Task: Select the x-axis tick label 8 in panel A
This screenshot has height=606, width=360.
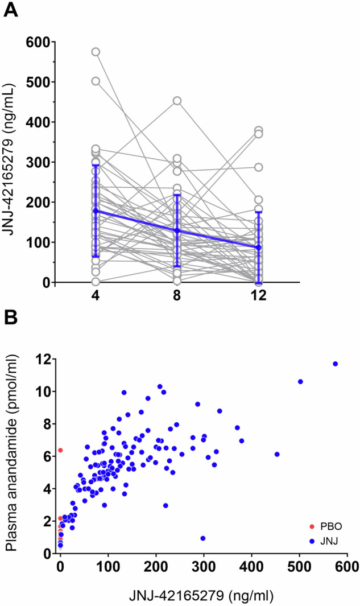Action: click(177, 297)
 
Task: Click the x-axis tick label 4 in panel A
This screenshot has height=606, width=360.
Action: click(96, 297)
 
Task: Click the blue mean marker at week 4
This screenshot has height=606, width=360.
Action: click(96, 211)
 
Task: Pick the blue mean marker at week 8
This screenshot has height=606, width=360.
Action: click(177, 230)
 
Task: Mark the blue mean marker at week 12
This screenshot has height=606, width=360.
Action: click(259, 248)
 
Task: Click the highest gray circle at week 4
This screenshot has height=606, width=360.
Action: click(96, 52)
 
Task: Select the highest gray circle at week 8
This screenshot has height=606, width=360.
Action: click(177, 101)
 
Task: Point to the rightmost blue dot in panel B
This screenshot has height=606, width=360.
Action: click(335, 364)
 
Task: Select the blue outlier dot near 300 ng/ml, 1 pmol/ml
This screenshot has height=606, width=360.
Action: click(202, 538)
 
